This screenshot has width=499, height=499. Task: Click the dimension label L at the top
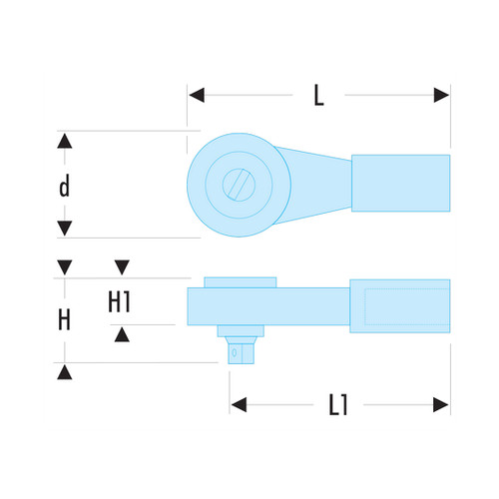(318, 96)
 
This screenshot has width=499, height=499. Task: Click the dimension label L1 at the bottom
(338, 404)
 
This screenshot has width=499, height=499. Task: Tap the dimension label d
(65, 186)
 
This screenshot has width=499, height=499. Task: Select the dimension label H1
(120, 301)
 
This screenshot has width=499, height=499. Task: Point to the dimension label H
(64, 319)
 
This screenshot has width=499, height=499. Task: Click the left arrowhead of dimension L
(197, 95)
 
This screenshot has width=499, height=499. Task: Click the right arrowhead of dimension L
(441, 95)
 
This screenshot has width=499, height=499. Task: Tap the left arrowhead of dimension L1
(239, 404)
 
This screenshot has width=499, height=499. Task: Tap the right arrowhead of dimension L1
(441, 405)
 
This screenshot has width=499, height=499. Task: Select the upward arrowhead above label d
(65, 141)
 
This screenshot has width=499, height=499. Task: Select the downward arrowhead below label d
(65, 229)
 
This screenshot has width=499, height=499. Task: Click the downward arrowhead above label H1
(122, 267)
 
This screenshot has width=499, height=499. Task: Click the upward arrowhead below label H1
(122, 334)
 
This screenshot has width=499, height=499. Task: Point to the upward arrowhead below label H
(65, 372)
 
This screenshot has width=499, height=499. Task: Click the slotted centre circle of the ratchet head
(239, 185)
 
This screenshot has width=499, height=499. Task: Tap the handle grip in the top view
(401, 183)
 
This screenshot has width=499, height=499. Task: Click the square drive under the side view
(241, 350)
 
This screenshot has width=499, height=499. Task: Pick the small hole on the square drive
(235, 352)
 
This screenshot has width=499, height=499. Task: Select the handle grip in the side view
(400, 306)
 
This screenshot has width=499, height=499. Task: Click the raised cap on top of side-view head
(241, 282)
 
